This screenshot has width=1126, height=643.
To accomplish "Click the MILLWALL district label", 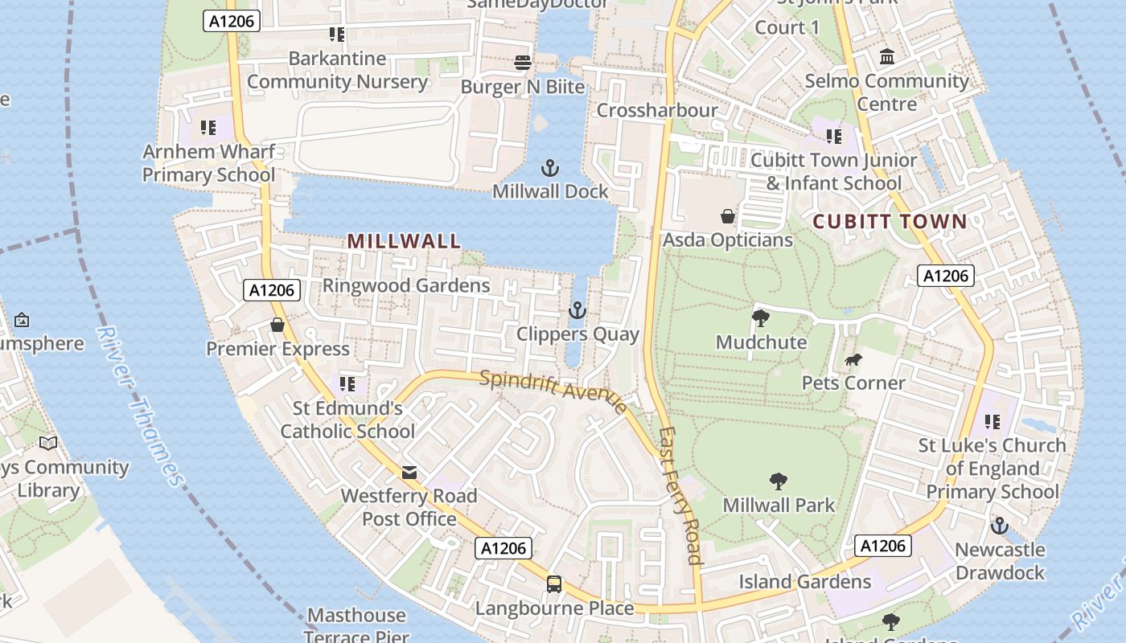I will pos(405,240).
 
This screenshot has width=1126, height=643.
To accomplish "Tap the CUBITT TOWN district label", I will pos(890,222).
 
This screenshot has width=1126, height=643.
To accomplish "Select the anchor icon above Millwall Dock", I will pos(550,168).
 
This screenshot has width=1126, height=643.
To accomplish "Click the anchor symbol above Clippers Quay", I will pos(577,310).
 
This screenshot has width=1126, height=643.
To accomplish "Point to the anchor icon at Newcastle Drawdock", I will pos(1000,526).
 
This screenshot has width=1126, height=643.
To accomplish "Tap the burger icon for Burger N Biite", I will pos(523,62).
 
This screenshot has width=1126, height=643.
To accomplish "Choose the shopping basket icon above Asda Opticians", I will pos(728,216).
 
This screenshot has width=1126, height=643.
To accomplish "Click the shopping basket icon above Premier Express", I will pos(277,325).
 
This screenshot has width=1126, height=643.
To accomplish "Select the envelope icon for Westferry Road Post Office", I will pos(409,472).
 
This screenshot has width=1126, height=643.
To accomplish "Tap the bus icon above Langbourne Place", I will pos(554,584).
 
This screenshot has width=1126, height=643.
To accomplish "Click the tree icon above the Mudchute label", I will pos(760,318).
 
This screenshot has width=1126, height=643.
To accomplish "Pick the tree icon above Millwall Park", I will pos(778,481).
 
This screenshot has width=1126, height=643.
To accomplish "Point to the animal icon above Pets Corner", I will pos(853,359).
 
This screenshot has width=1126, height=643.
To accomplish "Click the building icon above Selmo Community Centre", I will pos(888,57).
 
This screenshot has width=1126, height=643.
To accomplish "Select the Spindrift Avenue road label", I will pos(553,391).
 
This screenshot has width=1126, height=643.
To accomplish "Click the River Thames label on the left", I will pos(142,407).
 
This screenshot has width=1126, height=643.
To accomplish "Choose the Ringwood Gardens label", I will pos(406,285).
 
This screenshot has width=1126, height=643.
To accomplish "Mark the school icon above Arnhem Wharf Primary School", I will pos(208,128).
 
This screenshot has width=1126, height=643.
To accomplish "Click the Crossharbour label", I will pos(657,110).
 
